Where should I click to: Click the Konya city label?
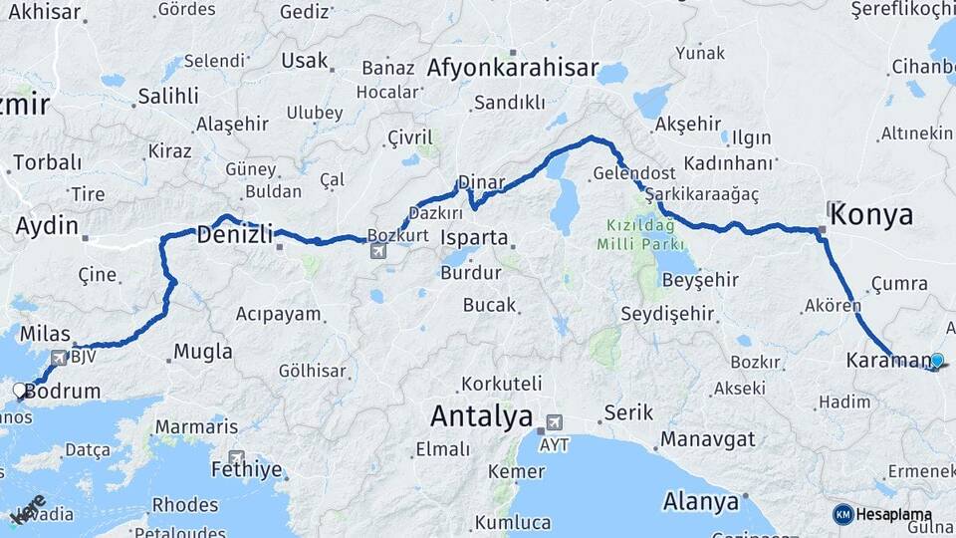point(871,214)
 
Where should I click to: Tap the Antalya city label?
point(481,415)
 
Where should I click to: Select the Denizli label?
point(234,236)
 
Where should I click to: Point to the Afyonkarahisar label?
point(513,68)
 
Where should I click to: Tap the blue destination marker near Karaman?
point(936,360)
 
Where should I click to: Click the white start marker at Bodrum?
point(19,390)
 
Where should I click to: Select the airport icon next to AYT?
point(554,421)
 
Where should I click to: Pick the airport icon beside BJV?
point(58,356)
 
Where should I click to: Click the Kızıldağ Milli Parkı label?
point(640,234)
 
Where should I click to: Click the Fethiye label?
point(246,469)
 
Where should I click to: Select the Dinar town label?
point(482,183)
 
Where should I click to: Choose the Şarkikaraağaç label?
point(701,194)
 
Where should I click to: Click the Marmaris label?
point(196,426)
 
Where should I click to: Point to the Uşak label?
point(304,61)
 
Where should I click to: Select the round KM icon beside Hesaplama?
point(842,514)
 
